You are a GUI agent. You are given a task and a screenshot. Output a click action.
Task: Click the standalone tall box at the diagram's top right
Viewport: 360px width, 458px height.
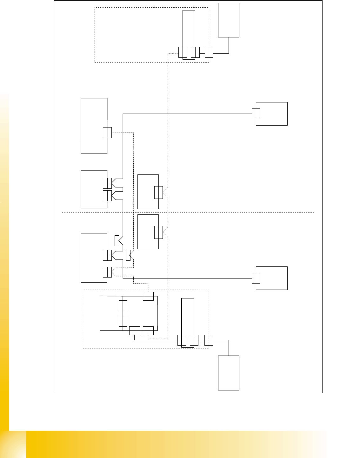pyautogui.click(x=229, y=20)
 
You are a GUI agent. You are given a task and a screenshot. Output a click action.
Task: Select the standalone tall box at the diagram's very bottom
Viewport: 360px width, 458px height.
pyautogui.click(x=229, y=373)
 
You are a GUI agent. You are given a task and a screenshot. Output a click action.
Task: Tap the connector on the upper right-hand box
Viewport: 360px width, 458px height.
pyautogui.click(x=256, y=114)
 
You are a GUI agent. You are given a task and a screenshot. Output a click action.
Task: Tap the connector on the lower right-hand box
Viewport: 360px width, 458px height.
pyautogui.click(x=256, y=278)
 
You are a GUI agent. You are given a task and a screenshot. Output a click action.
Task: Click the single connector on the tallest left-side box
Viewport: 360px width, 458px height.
pyautogui.click(x=107, y=133)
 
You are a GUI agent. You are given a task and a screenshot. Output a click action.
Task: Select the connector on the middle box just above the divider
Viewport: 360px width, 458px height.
pyautogui.click(x=158, y=193)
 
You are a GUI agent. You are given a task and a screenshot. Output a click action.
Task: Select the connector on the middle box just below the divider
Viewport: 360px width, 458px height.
pyautogui.click(x=158, y=232)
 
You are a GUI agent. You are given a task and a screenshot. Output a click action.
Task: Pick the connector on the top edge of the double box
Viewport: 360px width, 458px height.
pyautogui.click(x=148, y=296)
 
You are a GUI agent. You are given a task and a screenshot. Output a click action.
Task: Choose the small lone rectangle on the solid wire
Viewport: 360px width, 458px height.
pyautogui.click(x=117, y=241)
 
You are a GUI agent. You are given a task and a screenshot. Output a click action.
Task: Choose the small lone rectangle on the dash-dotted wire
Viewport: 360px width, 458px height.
pyautogui.click(x=128, y=255)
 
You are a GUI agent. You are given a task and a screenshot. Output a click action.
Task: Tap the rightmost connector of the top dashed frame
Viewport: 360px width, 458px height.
pyautogui.click(x=209, y=52)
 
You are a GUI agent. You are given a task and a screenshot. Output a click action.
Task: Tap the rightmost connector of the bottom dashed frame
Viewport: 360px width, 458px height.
pyautogui.click(x=209, y=340)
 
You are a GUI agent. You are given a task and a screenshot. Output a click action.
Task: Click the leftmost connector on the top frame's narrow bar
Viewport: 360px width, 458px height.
pyautogui.click(x=183, y=52)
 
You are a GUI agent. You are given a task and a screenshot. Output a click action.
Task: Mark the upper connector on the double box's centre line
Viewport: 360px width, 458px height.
pyautogui.click(x=123, y=306)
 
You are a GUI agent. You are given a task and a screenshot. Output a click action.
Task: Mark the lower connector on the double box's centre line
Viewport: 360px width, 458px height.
pyautogui.click(x=123, y=321)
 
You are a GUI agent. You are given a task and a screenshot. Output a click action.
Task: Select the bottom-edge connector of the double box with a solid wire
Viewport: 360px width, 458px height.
pyautogui.click(x=135, y=330)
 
